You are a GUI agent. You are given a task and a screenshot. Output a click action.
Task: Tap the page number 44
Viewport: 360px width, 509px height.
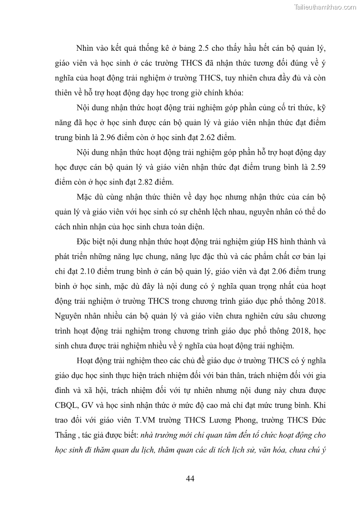click(190, 479)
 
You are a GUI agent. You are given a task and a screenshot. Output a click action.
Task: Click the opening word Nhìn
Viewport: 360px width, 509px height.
click(86, 48)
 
